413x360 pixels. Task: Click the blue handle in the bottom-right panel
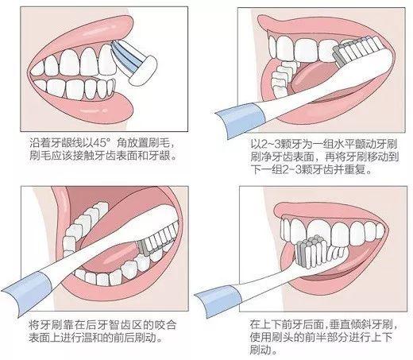(x=230, y=294)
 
